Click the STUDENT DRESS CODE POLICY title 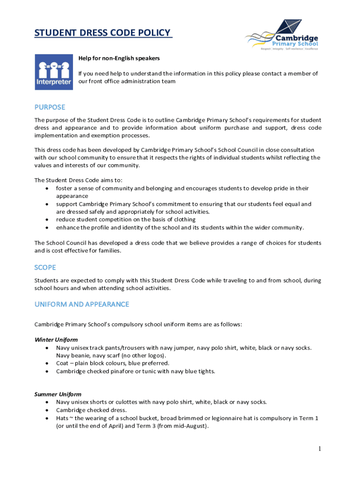tap(103, 34)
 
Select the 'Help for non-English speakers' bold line tap(119, 58)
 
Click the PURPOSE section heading tap(50, 107)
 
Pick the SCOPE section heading tap(45, 267)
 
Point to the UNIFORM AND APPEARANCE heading tap(81, 304)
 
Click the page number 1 tap(319, 449)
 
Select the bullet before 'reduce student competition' tap(47, 219)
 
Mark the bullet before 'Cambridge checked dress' tap(47, 410)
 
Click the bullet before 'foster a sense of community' tap(47, 188)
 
